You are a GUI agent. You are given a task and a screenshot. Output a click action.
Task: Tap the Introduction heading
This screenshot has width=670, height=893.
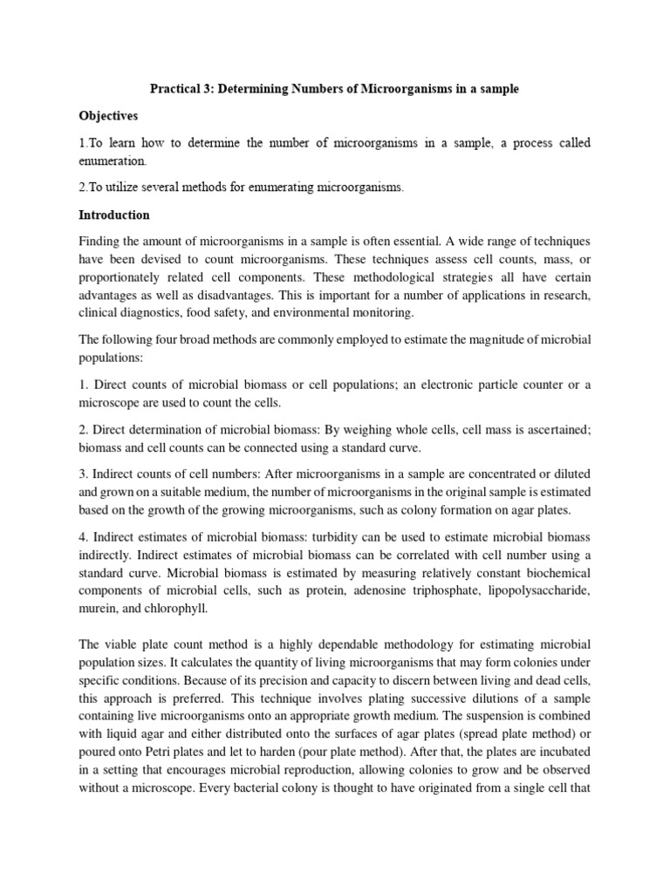(114, 215)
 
